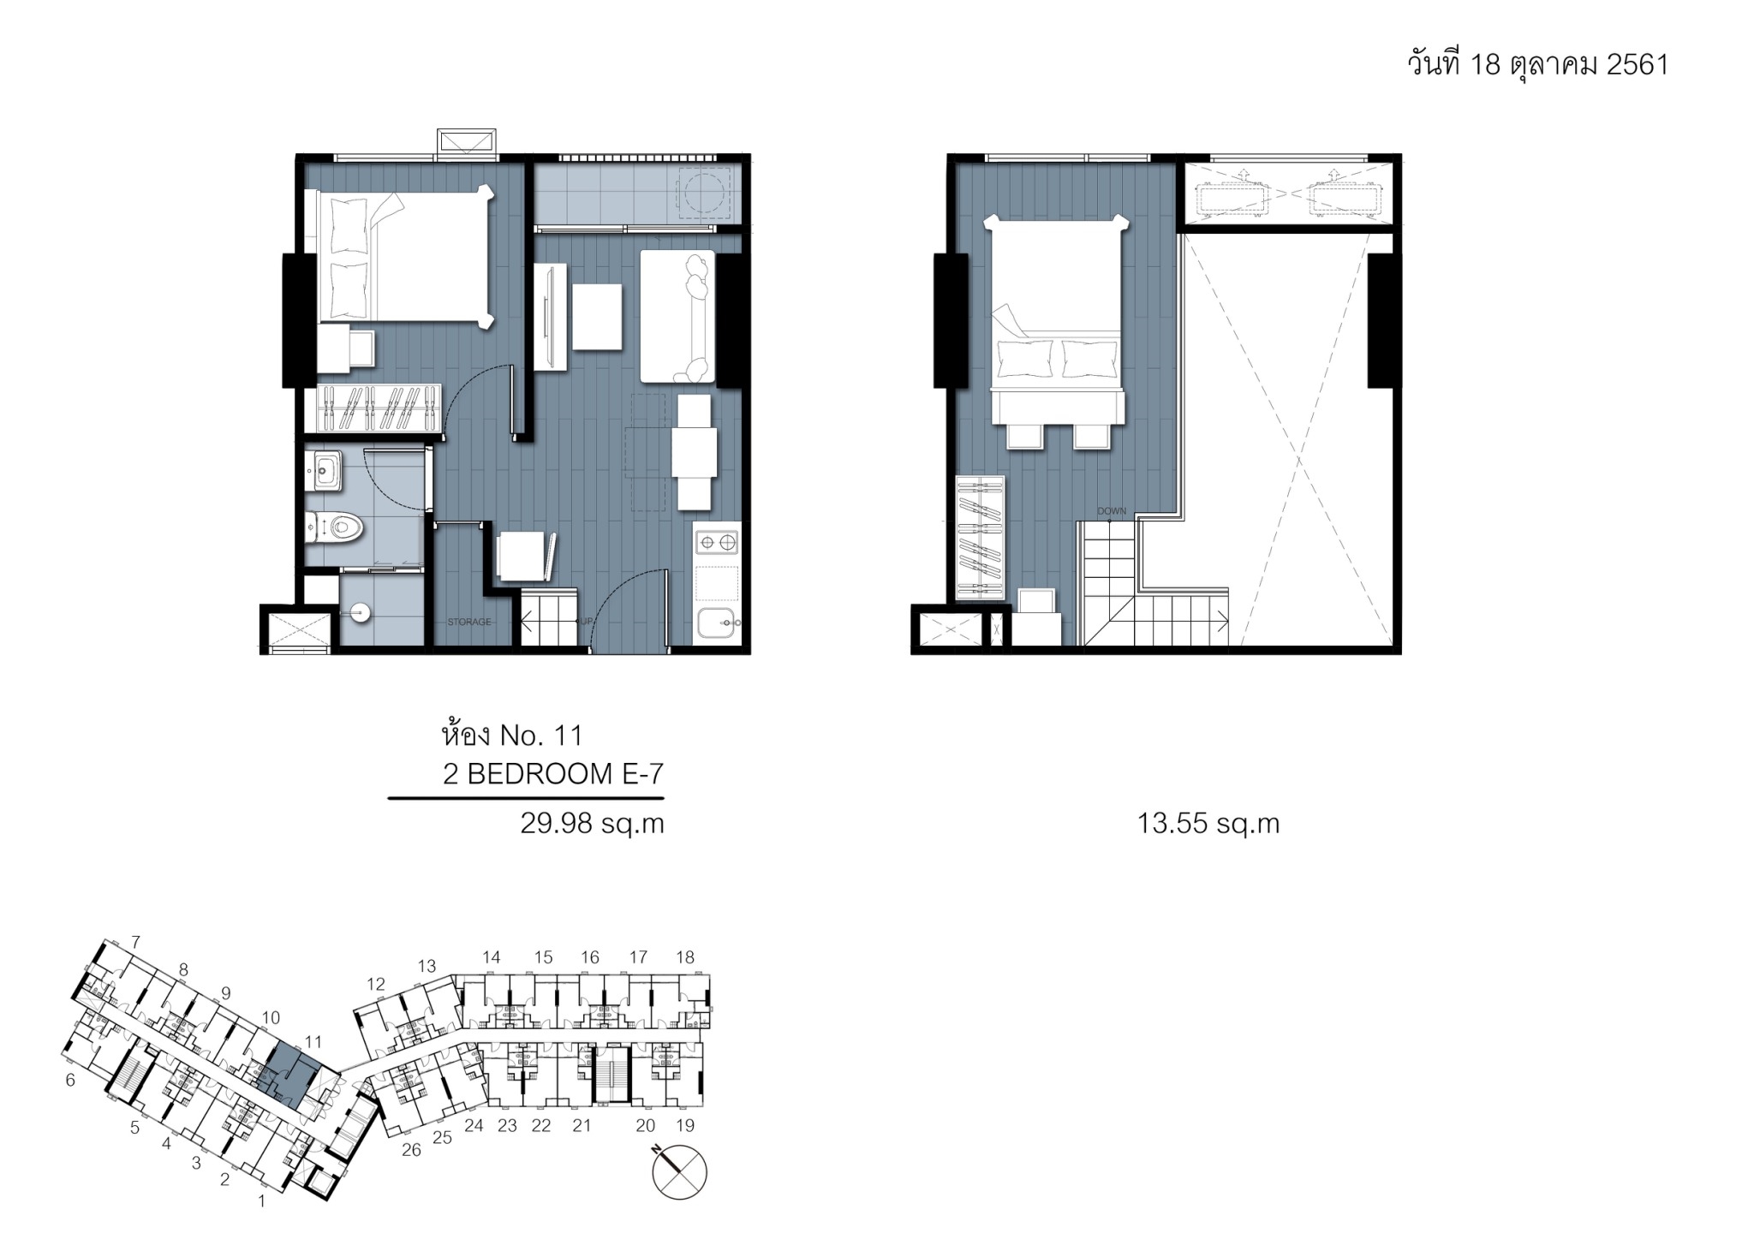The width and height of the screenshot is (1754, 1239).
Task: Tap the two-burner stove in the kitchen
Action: pyautogui.click(x=716, y=541)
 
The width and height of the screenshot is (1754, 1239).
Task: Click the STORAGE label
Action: pyautogui.click(x=469, y=622)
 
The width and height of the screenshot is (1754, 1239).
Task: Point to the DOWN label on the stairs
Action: pyautogui.click(x=1112, y=511)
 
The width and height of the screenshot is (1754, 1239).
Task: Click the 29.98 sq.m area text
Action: pyautogui.click(x=593, y=824)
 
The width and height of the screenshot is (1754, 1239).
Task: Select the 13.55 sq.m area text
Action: pyautogui.click(x=1208, y=824)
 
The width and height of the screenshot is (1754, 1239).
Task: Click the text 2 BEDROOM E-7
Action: pyautogui.click(x=553, y=774)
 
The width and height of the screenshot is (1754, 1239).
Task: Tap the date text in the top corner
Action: pyautogui.click(x=1538, y=64)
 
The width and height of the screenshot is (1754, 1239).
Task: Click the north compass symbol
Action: pyautogui.click(x=680, y=1170)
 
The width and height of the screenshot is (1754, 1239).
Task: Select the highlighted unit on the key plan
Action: pyautogui.click(x=292, y=1079)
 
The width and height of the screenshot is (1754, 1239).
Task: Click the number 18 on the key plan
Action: pyautogui.click(x=685, y=957)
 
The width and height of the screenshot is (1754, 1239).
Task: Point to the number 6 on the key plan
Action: pyautogui.click(x=70, y=1081)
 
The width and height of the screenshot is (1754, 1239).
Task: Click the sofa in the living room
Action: pyautogui.click(x=677, y=316)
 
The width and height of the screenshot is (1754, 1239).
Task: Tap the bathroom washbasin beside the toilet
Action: pyautogui.click(x=326, y=470)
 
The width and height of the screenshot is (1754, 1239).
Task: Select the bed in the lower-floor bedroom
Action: pyautogui.click(x=405, y=256)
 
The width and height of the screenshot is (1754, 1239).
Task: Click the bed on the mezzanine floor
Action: pyautogui.click(x=1056, y=320)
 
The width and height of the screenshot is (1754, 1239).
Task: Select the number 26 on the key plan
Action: pyautogui.click(x=411, y=1150)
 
